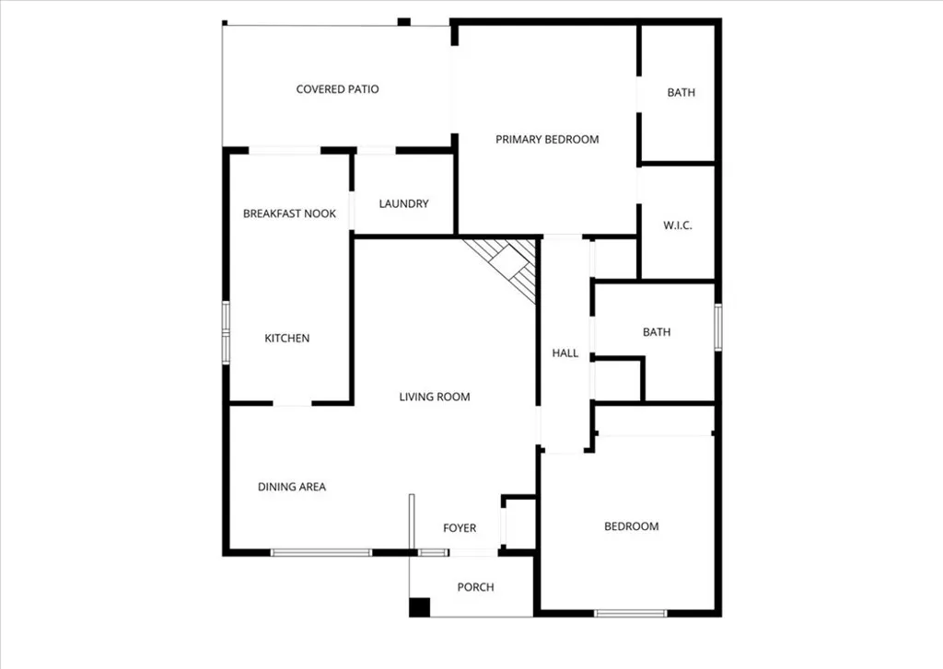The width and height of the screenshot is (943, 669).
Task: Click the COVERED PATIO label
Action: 337,89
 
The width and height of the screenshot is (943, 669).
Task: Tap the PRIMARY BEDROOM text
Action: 547,139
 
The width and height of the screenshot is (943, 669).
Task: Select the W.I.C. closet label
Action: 678,225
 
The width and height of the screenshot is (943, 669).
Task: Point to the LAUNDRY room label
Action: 403,203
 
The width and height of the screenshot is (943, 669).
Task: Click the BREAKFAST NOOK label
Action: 289,213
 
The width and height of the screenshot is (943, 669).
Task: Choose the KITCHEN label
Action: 287,338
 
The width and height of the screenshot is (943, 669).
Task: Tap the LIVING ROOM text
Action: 434,397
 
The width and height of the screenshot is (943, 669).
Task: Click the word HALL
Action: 565,352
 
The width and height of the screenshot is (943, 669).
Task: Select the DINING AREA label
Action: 292,487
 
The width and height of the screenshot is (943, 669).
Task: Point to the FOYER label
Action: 460,527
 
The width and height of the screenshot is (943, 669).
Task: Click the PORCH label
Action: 475,587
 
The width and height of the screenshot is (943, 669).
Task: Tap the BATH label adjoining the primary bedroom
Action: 681,92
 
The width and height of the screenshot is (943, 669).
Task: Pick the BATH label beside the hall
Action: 657,332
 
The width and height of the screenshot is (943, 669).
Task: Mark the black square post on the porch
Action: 419,607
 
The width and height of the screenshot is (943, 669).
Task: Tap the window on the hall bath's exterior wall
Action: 717,328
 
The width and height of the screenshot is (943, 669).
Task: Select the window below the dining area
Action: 321,552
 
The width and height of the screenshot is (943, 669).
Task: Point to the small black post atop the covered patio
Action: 403,21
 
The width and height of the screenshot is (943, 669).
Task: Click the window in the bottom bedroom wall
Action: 630,613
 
